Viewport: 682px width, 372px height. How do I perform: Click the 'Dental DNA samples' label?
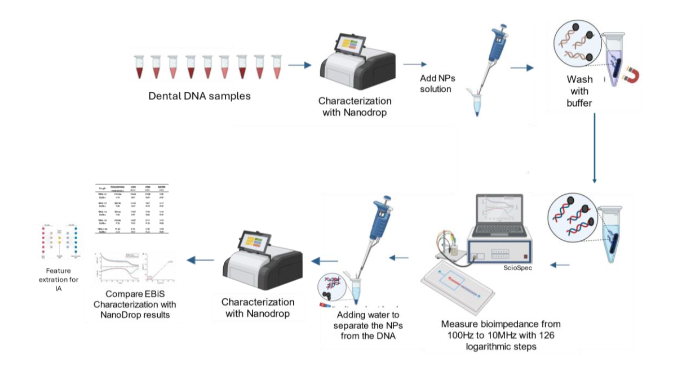(200, 96)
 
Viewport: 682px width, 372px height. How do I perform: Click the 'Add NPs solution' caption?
(436, 84)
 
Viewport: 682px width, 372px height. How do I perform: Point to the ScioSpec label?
(518, 267)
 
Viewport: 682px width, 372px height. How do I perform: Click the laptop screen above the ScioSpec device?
(499, 214)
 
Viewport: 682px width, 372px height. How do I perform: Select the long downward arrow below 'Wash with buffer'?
(594, 149)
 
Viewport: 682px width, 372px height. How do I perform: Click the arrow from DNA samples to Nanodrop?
(299, 65)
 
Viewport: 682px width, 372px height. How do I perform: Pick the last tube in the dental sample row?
(276, 66)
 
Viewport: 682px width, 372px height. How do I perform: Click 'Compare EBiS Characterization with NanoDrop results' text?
(133, 304)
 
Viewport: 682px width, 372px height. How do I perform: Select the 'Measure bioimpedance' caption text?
(501, 335)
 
